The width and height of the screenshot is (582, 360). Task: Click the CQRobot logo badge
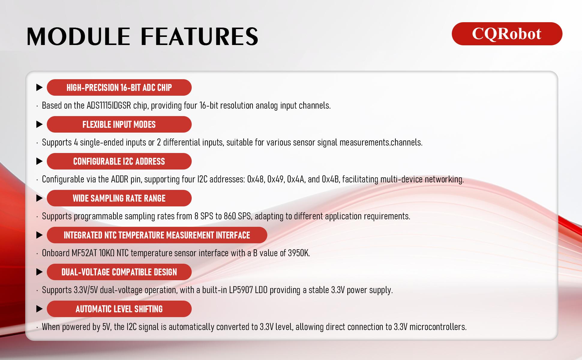[x=507, y=34]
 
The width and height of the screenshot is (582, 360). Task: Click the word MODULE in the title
[x=78, y=37]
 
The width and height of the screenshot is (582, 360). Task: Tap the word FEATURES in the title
[x=199, y=37]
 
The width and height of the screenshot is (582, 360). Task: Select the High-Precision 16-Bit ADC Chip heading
[x=119, y=88]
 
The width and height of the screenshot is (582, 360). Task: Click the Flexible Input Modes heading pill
[x=119, y=124]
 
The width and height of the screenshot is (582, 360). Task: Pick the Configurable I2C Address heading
[x=119, y=161]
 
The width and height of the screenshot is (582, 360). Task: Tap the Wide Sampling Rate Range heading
[x=119, y=198]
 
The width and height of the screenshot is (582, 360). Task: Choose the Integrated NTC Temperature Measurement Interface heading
[x=157, y=235]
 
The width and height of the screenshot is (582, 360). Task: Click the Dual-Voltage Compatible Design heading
[x=119, y=272]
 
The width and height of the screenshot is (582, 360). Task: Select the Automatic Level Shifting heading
[x=119, y=309]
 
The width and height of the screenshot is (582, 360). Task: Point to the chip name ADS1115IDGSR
[x=109, y=106]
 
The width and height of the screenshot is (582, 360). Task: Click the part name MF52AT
[x=84, y=253]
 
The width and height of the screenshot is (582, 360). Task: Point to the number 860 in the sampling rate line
[x=230, y=216]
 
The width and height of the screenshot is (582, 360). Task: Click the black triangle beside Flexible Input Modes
[x=39, y=124]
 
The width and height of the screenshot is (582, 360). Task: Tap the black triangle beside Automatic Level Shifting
[x=39, y=309]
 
